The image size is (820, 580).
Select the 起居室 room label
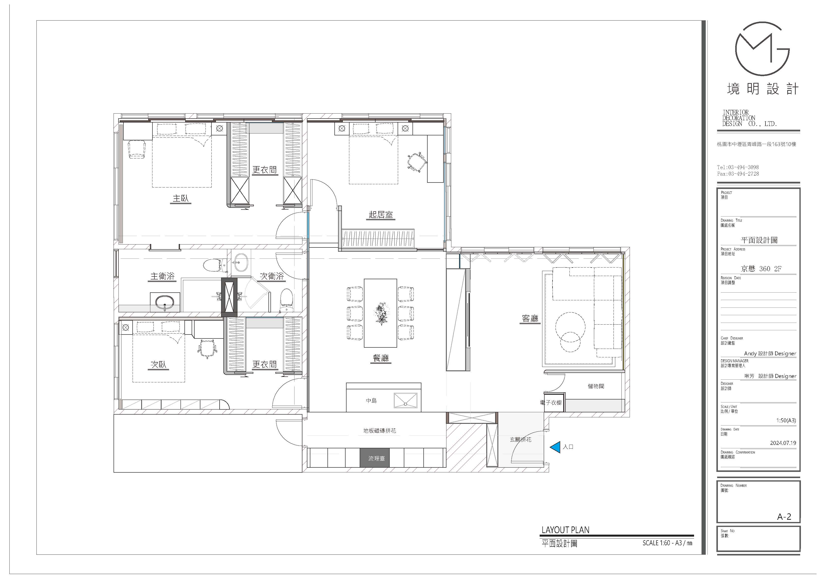(381, 214)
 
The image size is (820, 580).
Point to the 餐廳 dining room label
(381, 358)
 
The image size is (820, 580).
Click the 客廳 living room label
(530, 318)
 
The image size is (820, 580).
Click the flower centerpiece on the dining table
(381, 313)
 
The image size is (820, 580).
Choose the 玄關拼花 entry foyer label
(521, 440)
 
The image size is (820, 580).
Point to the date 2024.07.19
(783, 443)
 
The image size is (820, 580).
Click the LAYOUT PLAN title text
(565, 530)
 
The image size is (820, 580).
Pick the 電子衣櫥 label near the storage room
(551, 403)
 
